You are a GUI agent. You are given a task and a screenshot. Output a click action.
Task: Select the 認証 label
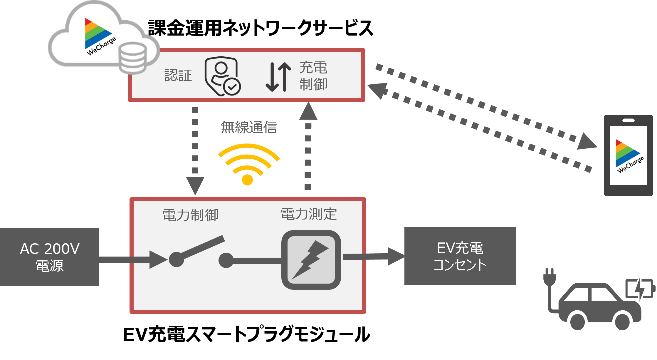(178, 76)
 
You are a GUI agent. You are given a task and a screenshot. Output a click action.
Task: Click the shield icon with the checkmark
(222, 76)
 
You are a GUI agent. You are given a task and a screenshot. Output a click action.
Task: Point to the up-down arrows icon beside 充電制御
(278, 77)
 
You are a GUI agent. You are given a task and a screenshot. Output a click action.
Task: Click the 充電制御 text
(313, 76)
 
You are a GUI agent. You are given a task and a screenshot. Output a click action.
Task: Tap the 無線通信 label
(249, 127)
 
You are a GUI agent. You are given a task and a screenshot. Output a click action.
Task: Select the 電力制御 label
(191, 215)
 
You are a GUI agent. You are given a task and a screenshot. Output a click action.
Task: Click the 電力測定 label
(309, 214)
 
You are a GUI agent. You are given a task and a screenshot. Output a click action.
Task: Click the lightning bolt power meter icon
(311, 260)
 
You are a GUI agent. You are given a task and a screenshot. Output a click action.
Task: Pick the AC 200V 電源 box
(49, 257)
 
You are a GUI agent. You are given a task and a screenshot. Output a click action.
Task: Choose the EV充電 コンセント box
(460, 256)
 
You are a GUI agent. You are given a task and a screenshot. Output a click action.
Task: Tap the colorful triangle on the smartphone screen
(627, 153)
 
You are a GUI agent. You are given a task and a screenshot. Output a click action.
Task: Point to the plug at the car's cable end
(550, 277)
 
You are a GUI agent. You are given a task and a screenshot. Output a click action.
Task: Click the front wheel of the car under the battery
(622, 322)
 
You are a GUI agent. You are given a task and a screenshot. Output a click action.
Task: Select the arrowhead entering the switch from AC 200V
(158, 259)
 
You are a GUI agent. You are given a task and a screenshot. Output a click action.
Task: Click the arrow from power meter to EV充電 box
(374, 257)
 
